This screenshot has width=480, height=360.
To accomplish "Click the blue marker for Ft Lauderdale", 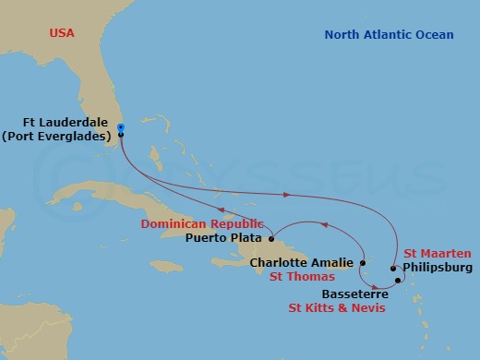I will point(120,129).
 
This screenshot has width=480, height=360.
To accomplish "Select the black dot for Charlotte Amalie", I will point(364,262).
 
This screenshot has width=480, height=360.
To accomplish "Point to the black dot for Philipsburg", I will point(394,270).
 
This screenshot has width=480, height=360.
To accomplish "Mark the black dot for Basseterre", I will point(398,279).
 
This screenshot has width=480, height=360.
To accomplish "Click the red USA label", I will point(62,34).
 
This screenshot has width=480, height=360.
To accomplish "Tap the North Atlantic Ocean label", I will point(389,35).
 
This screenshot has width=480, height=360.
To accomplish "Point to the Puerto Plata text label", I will point(222,237).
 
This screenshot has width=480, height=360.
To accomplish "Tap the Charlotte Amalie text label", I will point(301,262).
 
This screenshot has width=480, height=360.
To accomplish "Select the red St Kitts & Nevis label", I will point(336,306).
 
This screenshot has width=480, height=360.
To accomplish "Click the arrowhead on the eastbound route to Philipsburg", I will point(287,195).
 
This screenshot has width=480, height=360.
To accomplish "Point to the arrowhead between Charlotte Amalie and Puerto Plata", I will point(323,222).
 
